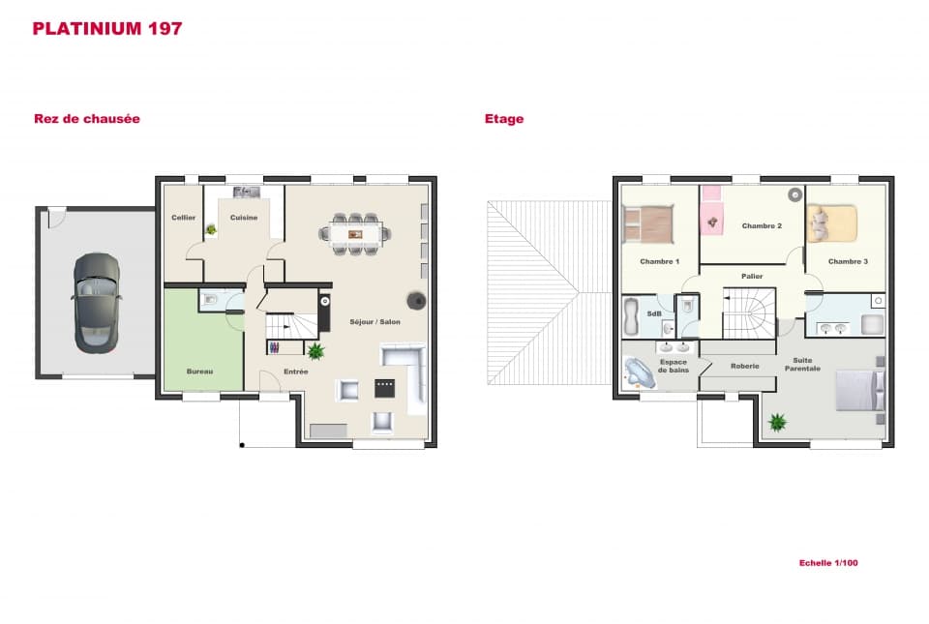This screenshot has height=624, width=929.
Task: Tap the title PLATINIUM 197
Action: tap(107, 28)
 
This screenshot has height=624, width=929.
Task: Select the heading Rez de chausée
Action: tap(87, 119)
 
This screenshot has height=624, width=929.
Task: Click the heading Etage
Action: tap(504, 119)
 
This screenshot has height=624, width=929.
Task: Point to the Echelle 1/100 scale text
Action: tap(828, 562)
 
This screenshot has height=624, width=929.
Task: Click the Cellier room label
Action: tap(184, 218)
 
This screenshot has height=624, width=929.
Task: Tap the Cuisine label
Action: tap(244, 218)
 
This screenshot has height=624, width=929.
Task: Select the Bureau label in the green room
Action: tap(199, 371)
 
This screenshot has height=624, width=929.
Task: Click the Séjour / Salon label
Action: tap(375, 322)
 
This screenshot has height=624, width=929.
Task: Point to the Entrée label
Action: tap(296, 371)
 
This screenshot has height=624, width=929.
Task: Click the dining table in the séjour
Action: tap(355, 232)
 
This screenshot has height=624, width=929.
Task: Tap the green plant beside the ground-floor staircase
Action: tap(315, 350)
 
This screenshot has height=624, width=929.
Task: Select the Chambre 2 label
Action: tap(762, 225)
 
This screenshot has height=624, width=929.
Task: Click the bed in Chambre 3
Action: tap(832, 223)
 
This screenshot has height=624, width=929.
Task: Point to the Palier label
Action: tap(752, 277)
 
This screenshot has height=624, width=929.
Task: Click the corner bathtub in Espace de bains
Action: tap(640, 372)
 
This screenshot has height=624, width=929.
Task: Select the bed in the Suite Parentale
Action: tap(860, 390)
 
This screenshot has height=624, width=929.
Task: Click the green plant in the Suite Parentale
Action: tap(776, 422)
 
